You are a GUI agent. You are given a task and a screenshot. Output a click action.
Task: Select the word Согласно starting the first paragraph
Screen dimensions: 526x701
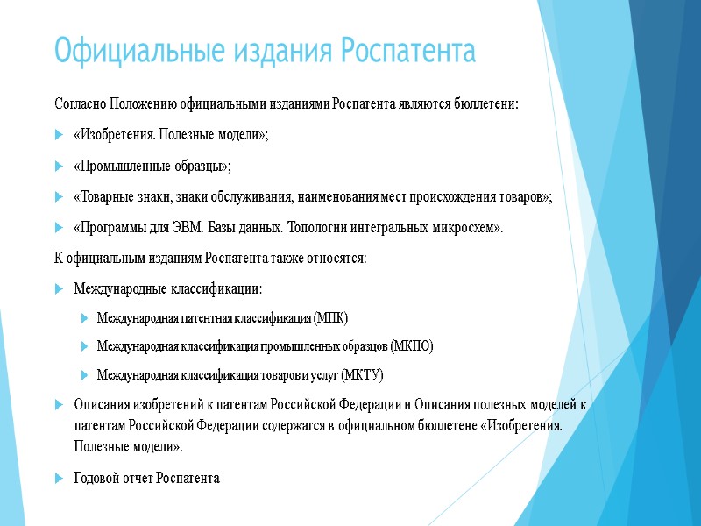[79, 104]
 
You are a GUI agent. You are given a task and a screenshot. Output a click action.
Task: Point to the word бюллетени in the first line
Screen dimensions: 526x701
[490, 104]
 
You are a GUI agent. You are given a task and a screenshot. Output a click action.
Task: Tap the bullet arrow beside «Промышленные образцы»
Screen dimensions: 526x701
[58, 166]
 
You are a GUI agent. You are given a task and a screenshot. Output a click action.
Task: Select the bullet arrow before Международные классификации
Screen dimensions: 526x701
[58, 288]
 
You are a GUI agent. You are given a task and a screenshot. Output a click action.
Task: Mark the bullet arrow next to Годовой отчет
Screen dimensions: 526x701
[58, 479]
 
